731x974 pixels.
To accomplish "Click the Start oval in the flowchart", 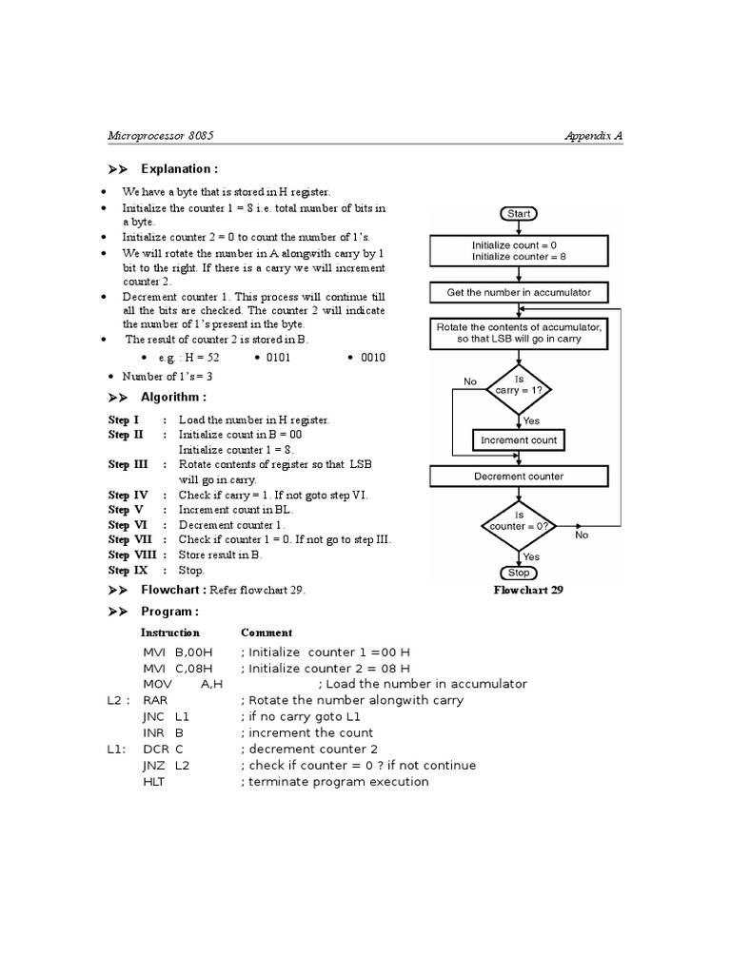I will [519, 214].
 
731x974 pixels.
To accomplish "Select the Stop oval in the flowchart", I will [519, 573].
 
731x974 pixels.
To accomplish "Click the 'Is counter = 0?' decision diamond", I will [519, 520].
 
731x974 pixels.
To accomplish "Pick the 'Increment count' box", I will [519, 440].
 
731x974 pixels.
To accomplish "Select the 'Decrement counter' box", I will [519, 477].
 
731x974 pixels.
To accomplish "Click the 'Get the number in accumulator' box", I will [519, 292].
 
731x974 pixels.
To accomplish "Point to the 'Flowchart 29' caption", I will [528, 590].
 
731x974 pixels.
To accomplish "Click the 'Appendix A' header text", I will [593, 136].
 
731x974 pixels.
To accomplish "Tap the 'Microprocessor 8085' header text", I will [161, 136].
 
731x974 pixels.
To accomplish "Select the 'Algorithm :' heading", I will [173, 398].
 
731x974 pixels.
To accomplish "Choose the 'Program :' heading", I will [169, 612].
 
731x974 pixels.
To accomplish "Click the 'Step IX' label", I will [124, 571].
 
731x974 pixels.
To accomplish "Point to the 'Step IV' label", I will [128, 496].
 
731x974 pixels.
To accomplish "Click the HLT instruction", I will [153, 782].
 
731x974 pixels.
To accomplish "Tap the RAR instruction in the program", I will [154, 700].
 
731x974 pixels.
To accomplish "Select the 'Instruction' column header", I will [170, 633].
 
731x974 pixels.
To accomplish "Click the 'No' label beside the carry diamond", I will [470, 381].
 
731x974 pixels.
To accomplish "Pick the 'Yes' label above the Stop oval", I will [532, 556].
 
